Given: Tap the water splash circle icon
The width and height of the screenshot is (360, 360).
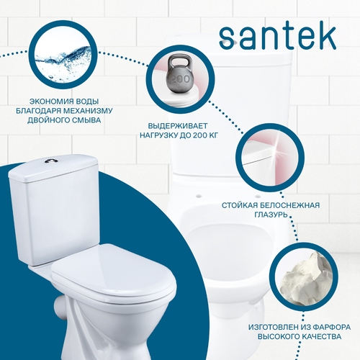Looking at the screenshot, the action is pos(63,55).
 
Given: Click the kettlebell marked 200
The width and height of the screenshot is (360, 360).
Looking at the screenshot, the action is pos(180,73).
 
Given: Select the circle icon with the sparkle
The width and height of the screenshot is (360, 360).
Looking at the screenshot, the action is pos(270,158).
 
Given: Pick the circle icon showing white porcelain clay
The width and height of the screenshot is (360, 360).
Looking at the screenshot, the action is pos(304,276).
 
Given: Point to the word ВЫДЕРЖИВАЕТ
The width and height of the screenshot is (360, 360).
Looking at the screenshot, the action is pos(178,126).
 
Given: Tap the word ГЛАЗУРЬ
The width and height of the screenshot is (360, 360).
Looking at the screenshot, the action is pos(271,215).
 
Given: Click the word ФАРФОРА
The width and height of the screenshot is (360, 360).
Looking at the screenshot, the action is pos(332,327).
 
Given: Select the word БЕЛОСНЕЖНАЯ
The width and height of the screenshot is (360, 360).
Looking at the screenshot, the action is pos(290,205).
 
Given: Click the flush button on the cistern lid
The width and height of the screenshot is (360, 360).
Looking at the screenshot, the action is pos(51,161).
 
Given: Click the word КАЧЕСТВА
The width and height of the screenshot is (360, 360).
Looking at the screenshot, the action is pos(322,336).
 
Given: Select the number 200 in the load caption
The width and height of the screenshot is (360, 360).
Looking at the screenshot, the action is pos(200,135).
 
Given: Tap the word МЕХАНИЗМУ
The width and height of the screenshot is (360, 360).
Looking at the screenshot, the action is pos(88,111).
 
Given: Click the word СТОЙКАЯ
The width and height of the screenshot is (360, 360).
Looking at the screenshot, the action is pos(240,205).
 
